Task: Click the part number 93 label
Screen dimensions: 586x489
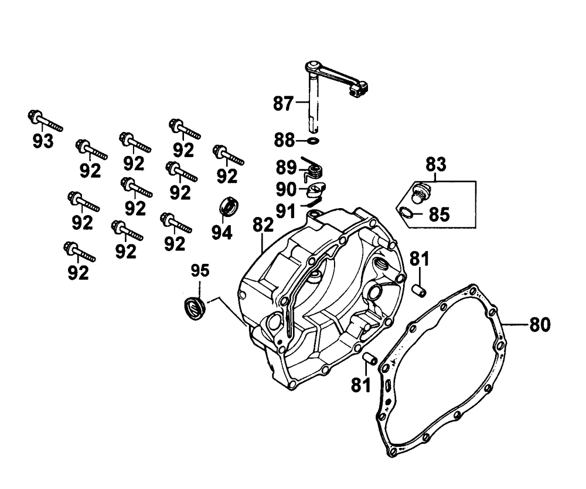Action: tap(43, 141)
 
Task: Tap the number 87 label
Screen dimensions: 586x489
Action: tap(283, 104)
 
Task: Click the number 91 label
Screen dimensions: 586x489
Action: tap(285, 212)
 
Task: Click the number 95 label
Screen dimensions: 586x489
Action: tap(200, 270)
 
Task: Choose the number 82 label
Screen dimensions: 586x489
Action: tap(263, 225)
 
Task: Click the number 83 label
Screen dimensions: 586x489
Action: tap(436, 165)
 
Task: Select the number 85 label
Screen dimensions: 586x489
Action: tap(439, 215)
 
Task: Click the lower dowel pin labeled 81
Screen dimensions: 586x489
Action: tap(369, 358)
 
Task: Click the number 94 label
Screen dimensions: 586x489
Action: tap(222, 233)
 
